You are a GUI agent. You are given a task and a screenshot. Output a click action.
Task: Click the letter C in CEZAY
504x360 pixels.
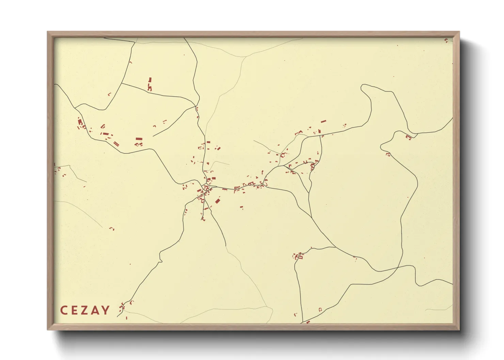[63, 310]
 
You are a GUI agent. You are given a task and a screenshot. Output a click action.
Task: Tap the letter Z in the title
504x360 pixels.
[85, 310]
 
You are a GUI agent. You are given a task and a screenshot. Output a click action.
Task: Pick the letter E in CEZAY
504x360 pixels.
[74, 310]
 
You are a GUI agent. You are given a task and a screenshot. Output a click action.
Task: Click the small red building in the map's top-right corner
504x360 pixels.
[446, 40]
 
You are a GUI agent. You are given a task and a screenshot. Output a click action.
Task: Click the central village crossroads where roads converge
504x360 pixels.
[206, 187]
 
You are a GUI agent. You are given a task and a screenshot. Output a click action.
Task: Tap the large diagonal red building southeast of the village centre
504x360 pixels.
[217, 201]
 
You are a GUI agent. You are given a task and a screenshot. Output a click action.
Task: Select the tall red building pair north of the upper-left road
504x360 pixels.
[149, 84]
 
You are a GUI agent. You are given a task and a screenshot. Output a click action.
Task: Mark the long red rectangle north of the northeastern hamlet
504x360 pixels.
[323, 121]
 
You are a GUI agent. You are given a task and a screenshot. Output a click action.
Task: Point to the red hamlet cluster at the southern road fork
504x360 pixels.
[298, 256]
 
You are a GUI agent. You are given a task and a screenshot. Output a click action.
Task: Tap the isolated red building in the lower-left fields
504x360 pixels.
[112, 228]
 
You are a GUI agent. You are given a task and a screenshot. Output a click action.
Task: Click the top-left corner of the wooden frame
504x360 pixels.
[48, 32]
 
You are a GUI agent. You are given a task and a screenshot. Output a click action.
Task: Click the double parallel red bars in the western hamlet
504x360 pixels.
[116, 144]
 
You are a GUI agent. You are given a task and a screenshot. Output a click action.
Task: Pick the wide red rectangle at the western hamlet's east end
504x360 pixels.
[139, 139]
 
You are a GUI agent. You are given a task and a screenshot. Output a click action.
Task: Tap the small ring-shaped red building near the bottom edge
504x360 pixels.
[320, 309]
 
